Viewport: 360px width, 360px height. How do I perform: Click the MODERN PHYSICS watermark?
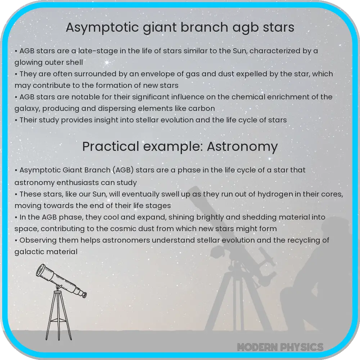(280, 347)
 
